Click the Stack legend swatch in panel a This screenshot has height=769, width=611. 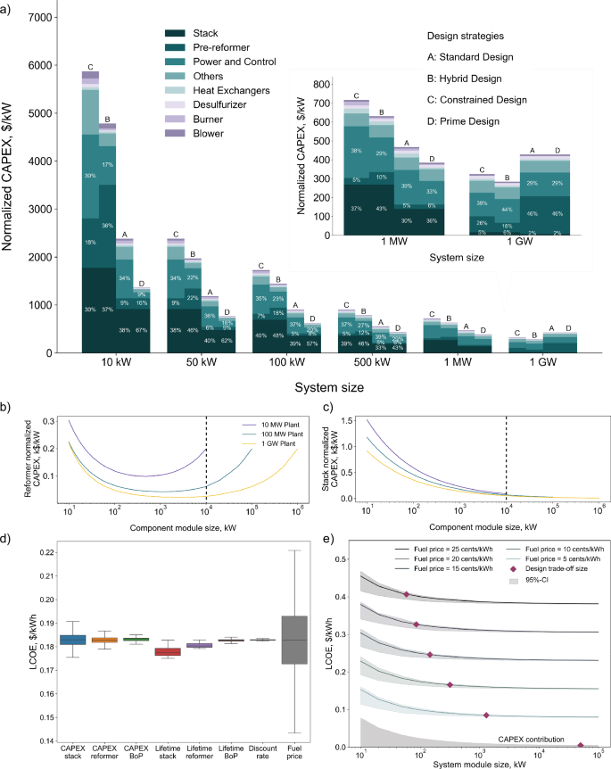tap(173, 32)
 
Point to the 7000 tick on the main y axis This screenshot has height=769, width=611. tap(39, 17)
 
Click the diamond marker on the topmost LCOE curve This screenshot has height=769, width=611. tap(406, 594)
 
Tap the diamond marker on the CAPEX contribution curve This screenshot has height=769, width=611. tap(581, 745)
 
